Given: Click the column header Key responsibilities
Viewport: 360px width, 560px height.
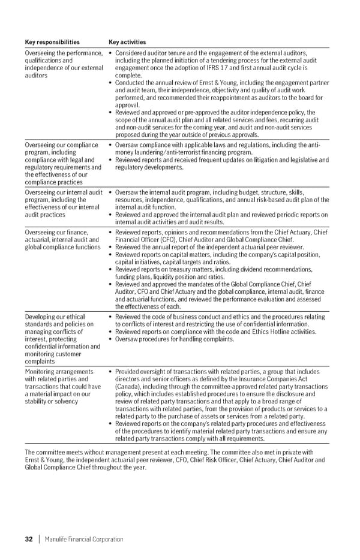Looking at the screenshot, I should (52, 43).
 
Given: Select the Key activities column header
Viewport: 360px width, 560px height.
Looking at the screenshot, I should (127, 43).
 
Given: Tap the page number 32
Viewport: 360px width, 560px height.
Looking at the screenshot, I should (29, 540).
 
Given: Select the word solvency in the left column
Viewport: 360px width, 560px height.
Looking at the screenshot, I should (65, 401).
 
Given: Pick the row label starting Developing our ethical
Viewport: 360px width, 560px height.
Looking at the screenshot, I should (55, 317).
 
